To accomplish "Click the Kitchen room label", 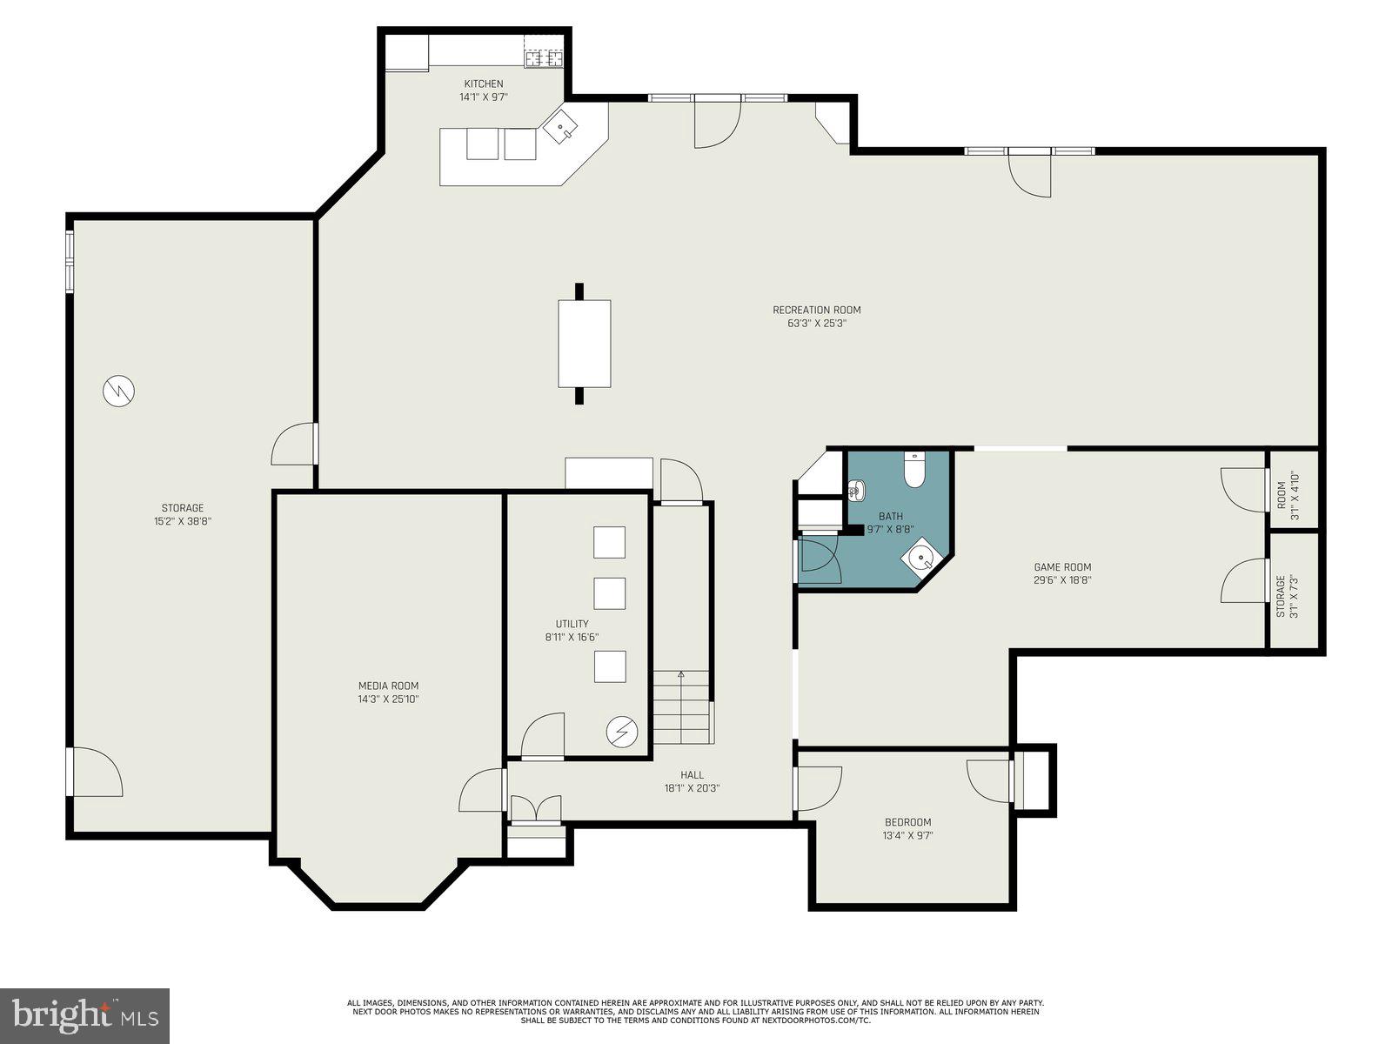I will [x=483, y=84].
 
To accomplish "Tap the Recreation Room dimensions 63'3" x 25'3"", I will [x=810, y=324].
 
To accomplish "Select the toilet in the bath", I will [x=914, y=470].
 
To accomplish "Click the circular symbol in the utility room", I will [x=621, y=732].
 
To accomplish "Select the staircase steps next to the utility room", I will [x=681, y=709].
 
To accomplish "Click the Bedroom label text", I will [x=907, y=822].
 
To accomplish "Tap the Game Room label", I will [x=1062, y=567].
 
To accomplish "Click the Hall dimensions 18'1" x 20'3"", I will [x=692, y=788].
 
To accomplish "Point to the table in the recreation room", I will [x=584, y=343].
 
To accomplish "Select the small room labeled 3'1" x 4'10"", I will [x=1294, y=490].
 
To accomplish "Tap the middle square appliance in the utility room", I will [x=609, y=593].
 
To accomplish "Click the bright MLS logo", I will [x=84, y=1014].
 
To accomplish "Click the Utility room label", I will [x=572, y=624].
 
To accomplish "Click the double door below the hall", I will [x=536, y=810].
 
